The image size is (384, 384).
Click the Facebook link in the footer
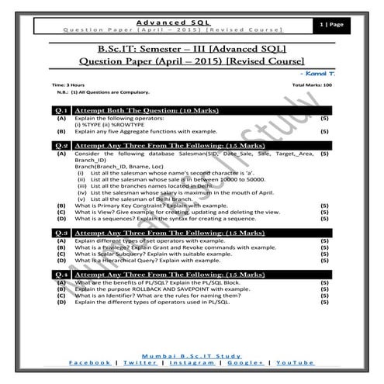(88, 362)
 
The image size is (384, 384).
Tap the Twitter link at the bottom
(137, 362)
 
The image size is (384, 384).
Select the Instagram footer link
(189, 362)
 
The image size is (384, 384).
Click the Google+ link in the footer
(243, 362)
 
